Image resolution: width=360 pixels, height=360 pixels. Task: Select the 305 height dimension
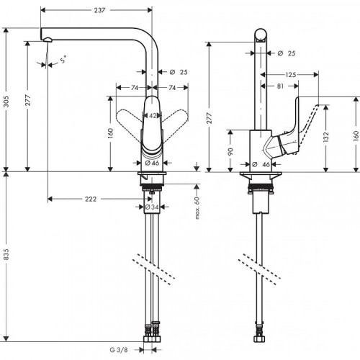(6, 102)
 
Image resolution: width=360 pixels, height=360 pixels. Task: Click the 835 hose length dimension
(6, 259)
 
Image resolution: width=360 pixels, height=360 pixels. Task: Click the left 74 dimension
(132, 87)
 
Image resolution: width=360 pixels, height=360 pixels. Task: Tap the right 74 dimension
(174, 87)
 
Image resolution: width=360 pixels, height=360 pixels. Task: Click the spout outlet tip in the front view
(45, 42)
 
